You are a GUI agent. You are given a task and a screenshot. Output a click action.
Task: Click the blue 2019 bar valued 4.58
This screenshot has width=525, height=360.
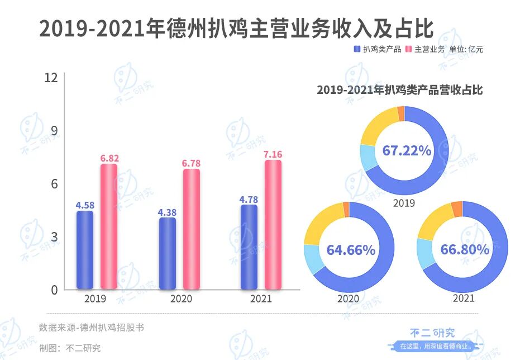[85, 250]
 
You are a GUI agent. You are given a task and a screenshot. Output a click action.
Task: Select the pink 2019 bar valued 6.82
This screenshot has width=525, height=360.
[109, 227]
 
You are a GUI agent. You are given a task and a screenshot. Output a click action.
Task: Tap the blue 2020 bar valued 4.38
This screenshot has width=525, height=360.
[167, 254]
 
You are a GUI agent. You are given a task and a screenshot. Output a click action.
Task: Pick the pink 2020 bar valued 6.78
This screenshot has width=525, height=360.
[192, 229]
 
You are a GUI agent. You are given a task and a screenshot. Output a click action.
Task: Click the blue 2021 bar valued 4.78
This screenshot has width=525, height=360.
[249, 247]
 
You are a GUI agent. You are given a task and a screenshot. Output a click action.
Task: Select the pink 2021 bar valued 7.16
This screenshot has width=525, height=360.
[273, 225]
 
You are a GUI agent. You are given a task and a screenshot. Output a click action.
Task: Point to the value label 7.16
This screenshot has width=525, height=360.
[274, 154]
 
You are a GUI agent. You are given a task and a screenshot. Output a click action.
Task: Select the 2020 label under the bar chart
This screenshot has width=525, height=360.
[180, 299]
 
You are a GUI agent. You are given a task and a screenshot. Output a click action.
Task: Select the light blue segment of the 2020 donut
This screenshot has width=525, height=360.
[312, 258]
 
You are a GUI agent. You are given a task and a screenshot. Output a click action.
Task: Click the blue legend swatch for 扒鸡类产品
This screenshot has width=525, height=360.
[357, 49]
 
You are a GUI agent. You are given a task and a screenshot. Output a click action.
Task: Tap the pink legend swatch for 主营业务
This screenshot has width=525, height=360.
[408, 49]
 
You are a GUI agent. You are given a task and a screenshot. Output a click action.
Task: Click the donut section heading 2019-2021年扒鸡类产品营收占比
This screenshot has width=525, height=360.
[399, 90]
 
